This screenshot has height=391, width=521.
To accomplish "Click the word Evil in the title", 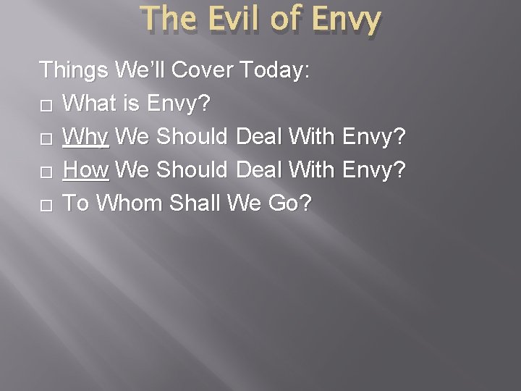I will pos(231,21).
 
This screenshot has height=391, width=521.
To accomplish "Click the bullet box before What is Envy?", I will pos(47,106).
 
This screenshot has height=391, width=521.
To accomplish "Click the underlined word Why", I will pos(85,137).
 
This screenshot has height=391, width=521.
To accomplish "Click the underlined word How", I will pos(85,170).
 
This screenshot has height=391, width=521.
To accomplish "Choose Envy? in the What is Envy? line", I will pos(178,104).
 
